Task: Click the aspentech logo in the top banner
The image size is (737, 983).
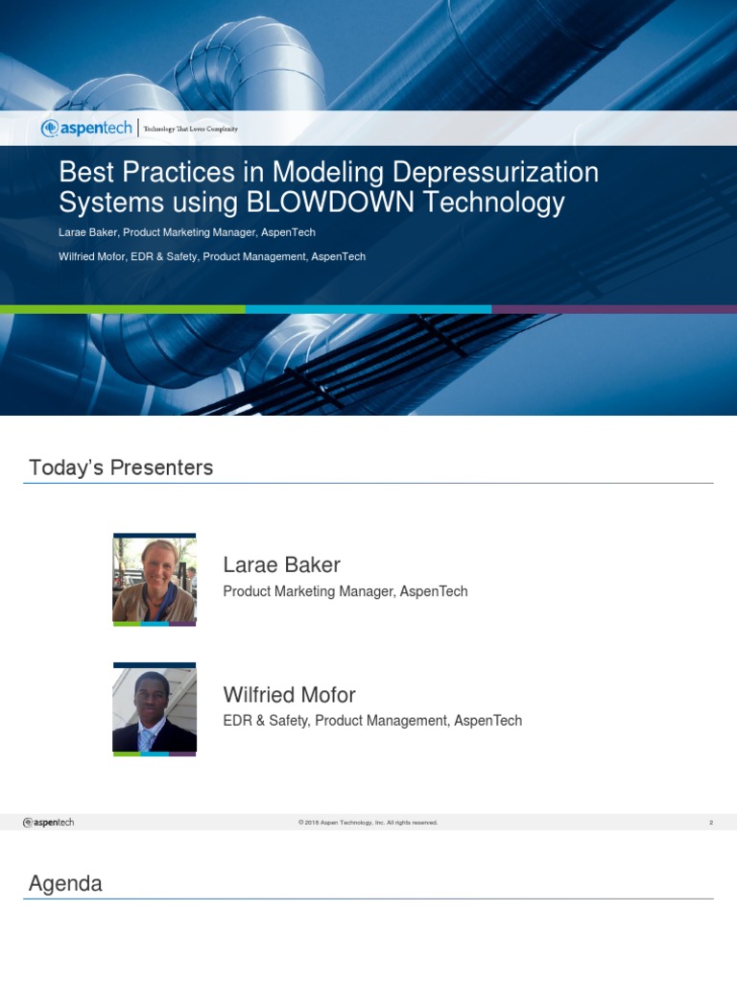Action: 86,128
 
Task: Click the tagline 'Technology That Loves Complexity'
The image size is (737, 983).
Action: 190,129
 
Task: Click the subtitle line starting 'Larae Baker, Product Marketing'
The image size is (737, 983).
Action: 187,232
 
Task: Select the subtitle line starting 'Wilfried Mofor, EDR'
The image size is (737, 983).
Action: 212,256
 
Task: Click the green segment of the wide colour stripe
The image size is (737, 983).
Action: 123,309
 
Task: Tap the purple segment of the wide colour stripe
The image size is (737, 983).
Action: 614,309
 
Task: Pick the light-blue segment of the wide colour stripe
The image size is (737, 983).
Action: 368,309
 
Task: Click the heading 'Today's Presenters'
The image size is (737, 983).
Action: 121,468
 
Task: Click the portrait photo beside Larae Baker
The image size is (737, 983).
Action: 155,579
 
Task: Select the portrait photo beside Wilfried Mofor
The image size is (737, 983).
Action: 155,709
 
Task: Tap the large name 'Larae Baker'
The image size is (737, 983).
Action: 281,564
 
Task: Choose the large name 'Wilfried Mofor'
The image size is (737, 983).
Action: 289,694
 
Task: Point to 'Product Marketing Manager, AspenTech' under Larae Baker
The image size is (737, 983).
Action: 345,591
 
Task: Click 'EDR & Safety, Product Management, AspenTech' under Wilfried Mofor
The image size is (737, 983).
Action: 372,720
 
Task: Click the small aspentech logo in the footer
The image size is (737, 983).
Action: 49,822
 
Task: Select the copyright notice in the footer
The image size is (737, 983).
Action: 368,823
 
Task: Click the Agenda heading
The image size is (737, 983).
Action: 65,883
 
